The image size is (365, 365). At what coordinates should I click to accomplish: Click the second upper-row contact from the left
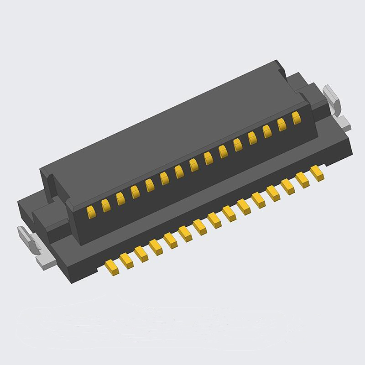point(105,204)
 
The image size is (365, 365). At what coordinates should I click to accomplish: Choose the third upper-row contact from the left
point(120,198)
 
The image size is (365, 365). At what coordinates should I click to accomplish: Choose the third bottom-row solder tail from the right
point(288,186)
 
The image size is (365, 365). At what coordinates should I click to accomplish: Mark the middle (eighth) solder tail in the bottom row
point(214,221)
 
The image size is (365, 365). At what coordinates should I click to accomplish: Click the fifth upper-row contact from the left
point(150,184)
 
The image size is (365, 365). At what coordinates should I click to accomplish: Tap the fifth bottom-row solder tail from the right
point(258,200)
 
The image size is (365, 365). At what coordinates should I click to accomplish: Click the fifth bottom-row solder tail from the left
point(170,241)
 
